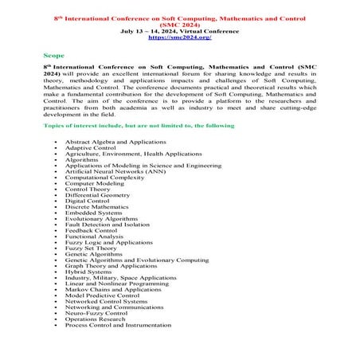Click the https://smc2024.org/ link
[179, 37]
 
